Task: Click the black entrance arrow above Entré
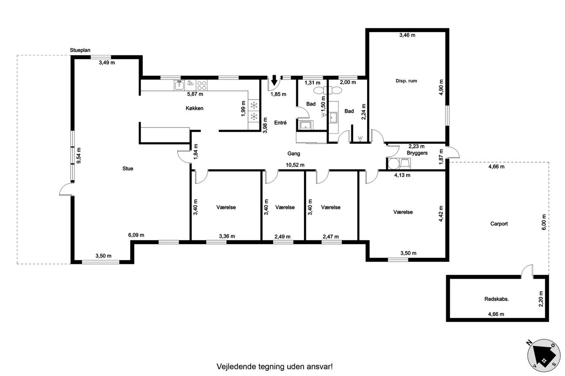274,81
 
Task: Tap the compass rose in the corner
544,355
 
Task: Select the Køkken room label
195,108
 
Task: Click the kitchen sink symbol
179,86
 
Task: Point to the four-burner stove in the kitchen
202,86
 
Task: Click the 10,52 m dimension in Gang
295,165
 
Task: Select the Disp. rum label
406,81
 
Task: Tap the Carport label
499,223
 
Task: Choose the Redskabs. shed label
497,299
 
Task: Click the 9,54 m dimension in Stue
79,156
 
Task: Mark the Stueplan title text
80,50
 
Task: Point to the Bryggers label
417,153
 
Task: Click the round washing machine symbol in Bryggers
393,164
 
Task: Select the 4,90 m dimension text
441,87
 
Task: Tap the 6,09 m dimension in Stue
136,235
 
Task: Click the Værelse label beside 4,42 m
403,212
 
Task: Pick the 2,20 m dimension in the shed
541,299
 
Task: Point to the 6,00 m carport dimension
544,222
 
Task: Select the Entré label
280,123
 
